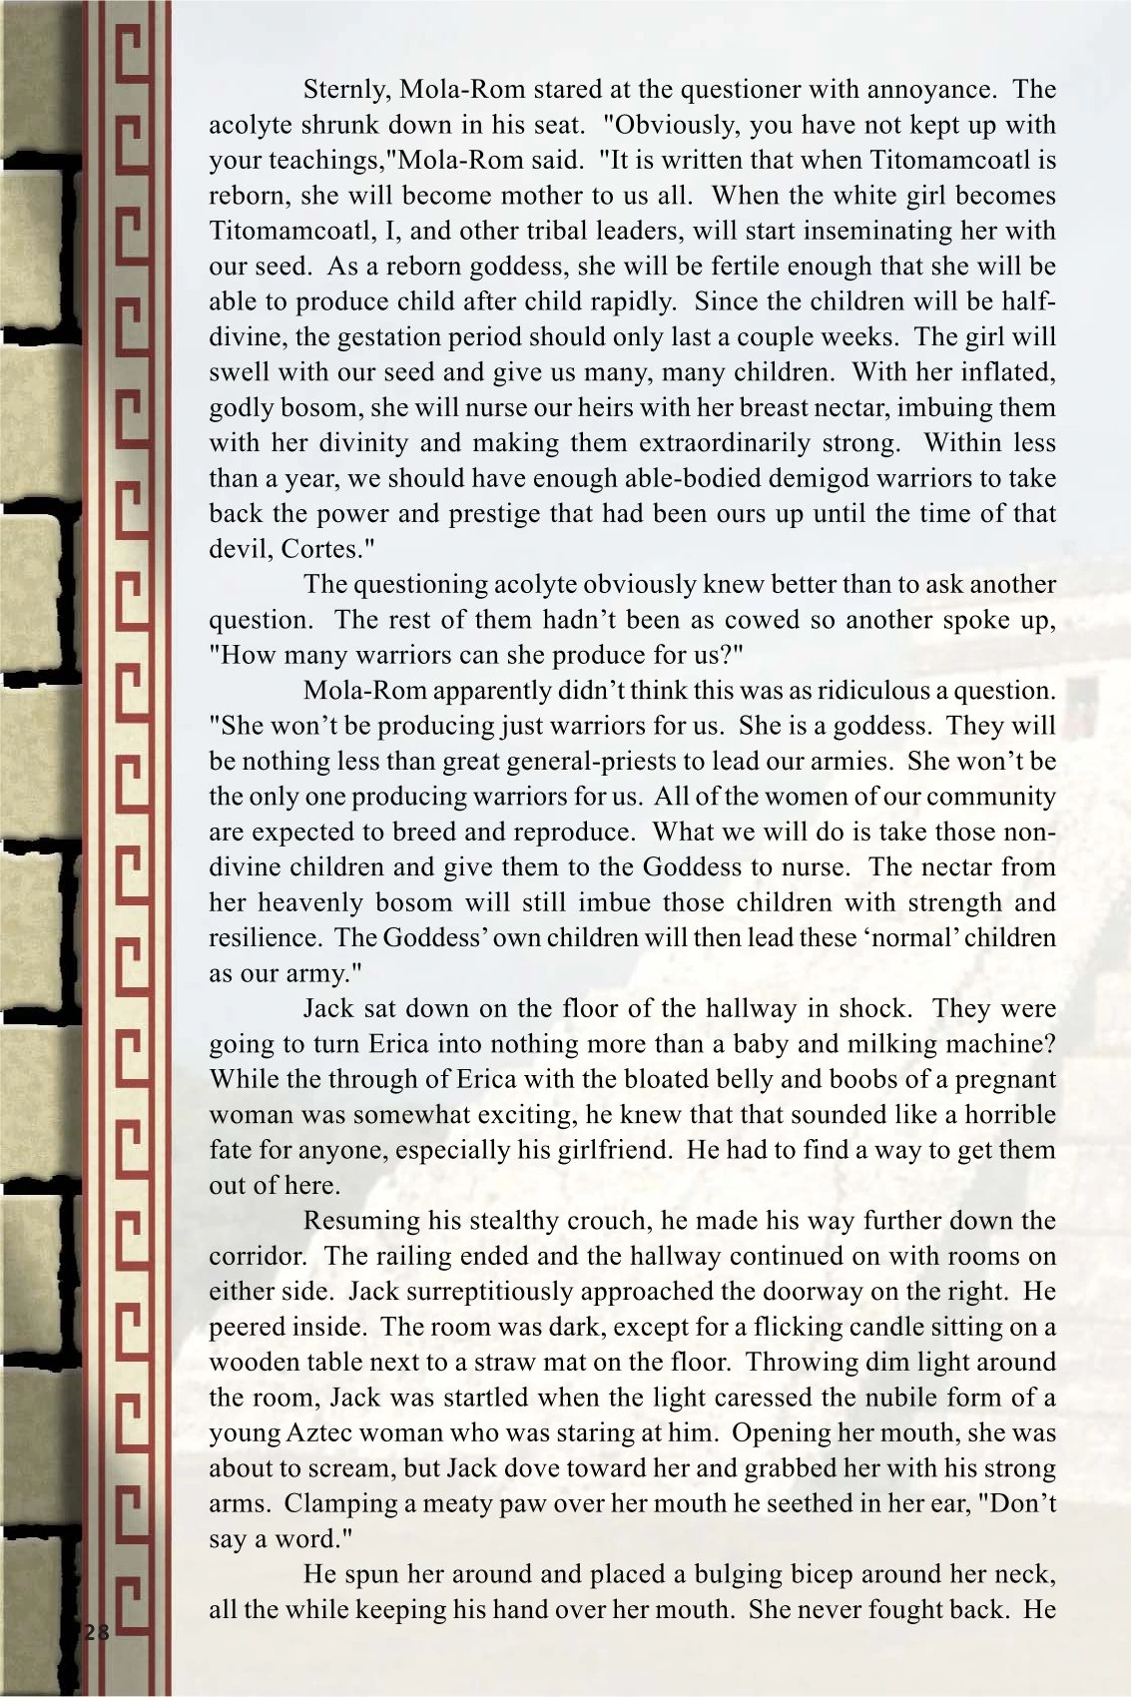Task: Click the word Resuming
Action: tap(360, 1220)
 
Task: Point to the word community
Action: tap(989, 797)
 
